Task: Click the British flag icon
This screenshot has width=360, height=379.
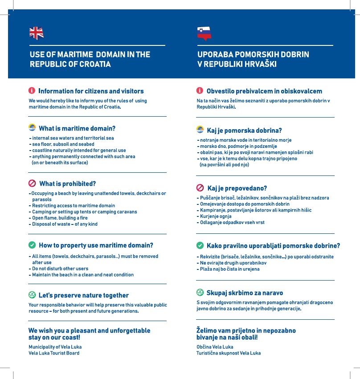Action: pos(36,33)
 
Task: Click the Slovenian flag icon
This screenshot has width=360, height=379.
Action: pos(204,33)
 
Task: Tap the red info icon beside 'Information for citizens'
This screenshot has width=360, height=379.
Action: pos(32,91)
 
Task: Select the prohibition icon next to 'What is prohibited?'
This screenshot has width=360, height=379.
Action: pos(32,183)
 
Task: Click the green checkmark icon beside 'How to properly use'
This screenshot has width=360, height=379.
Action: pos(32,245)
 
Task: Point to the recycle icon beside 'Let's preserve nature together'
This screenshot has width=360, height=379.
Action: pos(32,295)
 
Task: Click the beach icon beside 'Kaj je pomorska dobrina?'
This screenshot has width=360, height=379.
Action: pos(200,130)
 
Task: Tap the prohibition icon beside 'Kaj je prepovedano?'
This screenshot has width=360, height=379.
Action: pos(200,188)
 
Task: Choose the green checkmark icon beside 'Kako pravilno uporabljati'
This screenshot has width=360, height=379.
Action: pos(200,245)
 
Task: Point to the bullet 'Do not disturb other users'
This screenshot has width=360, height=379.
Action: pos(60,269)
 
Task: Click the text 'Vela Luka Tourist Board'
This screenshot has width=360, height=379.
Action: pos(54,353)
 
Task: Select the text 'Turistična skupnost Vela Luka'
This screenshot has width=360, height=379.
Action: pos(229,353)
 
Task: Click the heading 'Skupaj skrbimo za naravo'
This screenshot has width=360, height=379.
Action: pos(245,293)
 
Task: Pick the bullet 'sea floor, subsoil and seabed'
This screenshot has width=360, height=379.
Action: pos(63,144)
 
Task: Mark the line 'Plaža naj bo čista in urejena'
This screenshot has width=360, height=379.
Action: pos(229,269)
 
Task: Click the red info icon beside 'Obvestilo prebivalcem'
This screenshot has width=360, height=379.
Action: pos(200,91)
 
